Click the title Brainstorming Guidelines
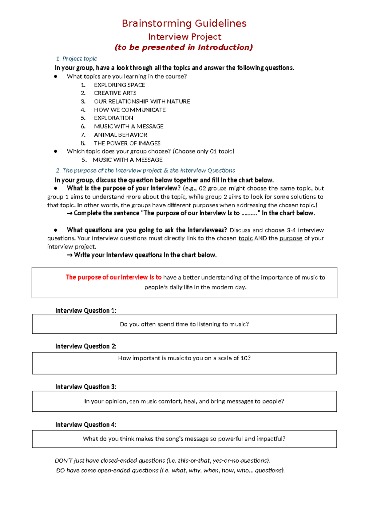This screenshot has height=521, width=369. [184, 23]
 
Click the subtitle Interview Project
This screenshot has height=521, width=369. [184, 37]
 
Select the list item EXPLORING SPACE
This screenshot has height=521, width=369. [119, 85]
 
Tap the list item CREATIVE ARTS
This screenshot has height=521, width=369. [115, 93]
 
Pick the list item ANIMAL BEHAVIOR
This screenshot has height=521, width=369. [121, 135]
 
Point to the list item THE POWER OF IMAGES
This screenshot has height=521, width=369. [127, 143]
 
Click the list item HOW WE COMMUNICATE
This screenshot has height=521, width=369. [130, 110]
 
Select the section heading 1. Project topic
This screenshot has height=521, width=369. [77, 59]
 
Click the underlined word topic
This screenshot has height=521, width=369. [245, 238]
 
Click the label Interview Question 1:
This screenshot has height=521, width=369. [86, 311]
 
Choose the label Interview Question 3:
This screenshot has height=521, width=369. [86, 387]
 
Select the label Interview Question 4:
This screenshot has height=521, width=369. [86, 425]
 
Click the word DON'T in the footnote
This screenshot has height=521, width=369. [64, 460]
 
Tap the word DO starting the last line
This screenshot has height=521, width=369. [60, 470]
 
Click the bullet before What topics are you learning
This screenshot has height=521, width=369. [56, 76]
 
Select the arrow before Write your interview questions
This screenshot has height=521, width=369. [69, 255]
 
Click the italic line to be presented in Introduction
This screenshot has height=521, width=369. [184, 47]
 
